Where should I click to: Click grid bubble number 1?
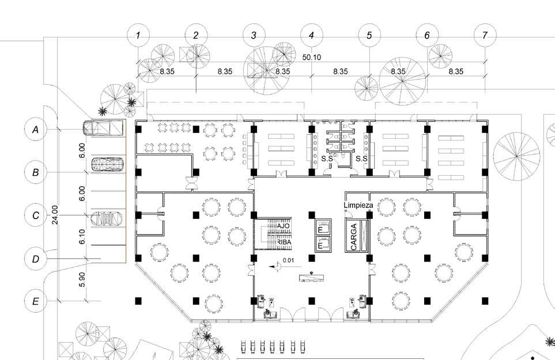point(138,35)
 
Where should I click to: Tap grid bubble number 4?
point(311,35)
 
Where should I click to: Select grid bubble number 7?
point(485,35)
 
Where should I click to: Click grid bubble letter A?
point(36,130)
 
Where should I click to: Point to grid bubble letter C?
point(36,215)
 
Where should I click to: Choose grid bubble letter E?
point(36,301)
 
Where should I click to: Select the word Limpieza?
point(358,205)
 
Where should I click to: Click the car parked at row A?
point(103,127)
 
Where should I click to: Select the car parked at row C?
point(106,218)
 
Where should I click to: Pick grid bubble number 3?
point(254,35)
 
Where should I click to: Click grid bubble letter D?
point(36,259)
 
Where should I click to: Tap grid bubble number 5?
point(369,35)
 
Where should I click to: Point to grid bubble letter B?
point(36,172)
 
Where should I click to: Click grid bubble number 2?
point(196,35)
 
